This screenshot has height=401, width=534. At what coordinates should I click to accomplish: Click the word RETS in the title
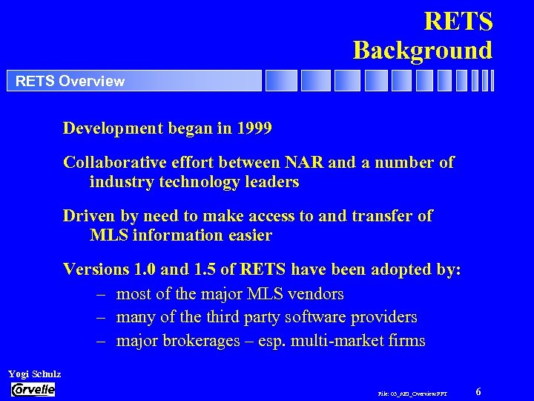458,21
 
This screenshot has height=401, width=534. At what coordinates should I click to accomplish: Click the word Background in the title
422,50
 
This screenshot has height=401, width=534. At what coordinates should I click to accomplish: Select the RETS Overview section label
70,81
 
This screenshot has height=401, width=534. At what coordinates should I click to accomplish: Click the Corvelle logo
33,390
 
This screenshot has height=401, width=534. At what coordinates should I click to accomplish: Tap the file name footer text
412,393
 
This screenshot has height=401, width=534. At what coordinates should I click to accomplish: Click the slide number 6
478,391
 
